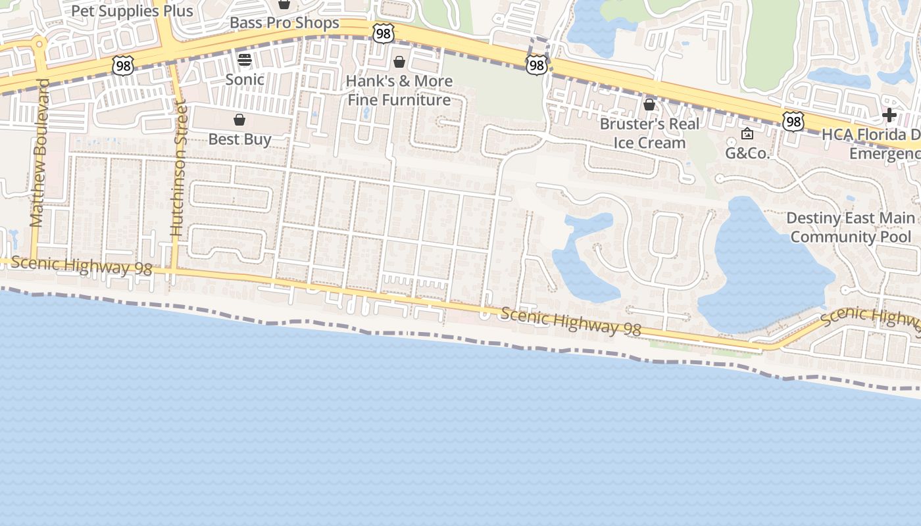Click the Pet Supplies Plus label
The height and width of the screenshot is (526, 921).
coord(132,11)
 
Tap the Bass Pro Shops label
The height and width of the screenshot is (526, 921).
coord(284,23)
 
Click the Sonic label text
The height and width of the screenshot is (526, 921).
coord(245,80)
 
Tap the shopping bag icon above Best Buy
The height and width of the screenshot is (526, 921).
coord(239,120)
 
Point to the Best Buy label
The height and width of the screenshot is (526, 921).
coord(239,139)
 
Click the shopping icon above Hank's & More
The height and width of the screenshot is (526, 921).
coord(399,62)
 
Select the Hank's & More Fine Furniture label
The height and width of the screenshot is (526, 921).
coord(399,91)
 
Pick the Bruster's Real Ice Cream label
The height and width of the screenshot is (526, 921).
coord(649,133)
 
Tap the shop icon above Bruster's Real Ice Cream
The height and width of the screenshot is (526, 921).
coord(649,105)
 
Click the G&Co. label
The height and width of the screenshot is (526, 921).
coord(747,153)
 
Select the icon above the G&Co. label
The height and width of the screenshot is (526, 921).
coord(747,134)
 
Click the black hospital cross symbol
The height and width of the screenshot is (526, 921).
coord(889,115)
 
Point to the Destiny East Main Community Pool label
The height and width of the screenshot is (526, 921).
coord(851,227)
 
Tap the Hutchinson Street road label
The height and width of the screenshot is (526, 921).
coord(178,168)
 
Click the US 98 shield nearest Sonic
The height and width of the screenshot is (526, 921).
coord(122,64)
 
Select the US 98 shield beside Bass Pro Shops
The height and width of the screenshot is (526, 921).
coord(383,34)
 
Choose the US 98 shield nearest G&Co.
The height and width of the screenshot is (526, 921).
coord(793,121)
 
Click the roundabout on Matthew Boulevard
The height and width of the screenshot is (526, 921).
coord(38,45)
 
